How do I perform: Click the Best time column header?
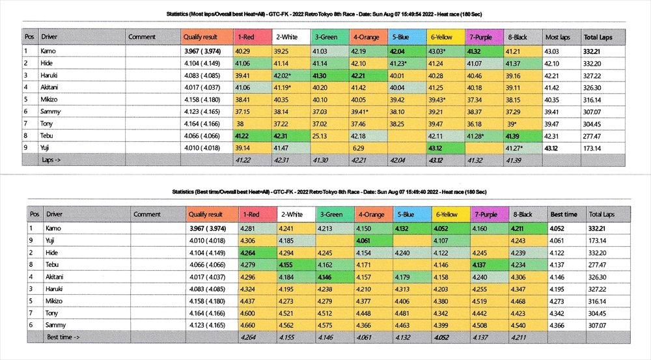(563, 214)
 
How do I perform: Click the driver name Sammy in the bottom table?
(56, 324)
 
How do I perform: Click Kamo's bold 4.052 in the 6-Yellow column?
(443, 228)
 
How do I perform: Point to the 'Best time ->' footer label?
(63, 337)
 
